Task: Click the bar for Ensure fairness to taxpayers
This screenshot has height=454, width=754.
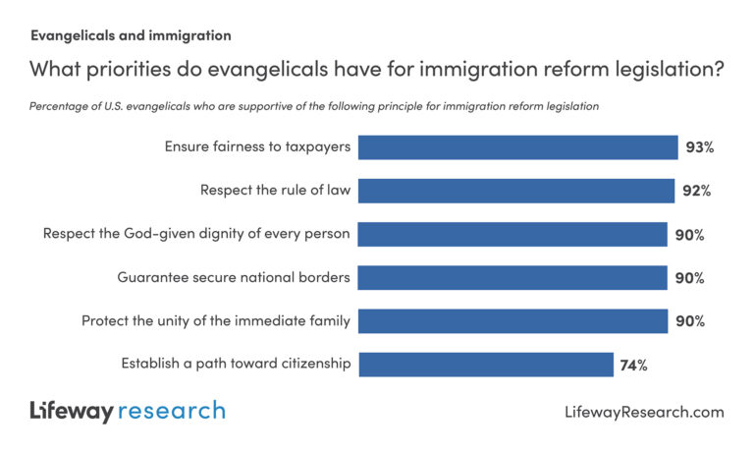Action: pyautogui.click(x=517, y=147)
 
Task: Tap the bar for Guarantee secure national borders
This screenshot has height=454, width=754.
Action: pyautogui.click(x=512, y=277)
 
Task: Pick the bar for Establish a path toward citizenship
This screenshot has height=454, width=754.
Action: pyautogui.click(x=486, y=364)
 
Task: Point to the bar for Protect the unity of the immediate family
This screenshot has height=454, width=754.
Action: pyautogui.click(x=512, y=320)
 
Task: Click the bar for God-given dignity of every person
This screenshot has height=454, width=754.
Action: pyautogui.click(x=512, y=234)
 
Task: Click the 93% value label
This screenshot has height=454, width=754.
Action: pyautogui.click(x=700, y=148)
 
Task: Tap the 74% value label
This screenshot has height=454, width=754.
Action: pyautogui.click(x=633, y=365)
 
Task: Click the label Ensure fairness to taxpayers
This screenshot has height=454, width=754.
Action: pyautogui.click(x=257, y=147)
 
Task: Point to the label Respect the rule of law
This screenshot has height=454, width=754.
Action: pyautogui.click(x=276, y=191)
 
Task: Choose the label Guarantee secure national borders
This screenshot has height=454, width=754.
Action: pyautogui.click(x=234, y=277)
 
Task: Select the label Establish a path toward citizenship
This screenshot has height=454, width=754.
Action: pyautogui.click(x=236, y=364)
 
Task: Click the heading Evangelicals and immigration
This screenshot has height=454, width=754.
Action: pyautogui.click(x=131, y=36)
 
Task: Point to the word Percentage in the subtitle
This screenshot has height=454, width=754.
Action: pyautogui.click(x=59, y=105)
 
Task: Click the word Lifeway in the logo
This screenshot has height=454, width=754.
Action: pyautogui.click(x=71, y=411)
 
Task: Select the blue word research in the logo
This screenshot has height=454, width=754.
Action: pyautogui.click(x=172, y=411)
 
